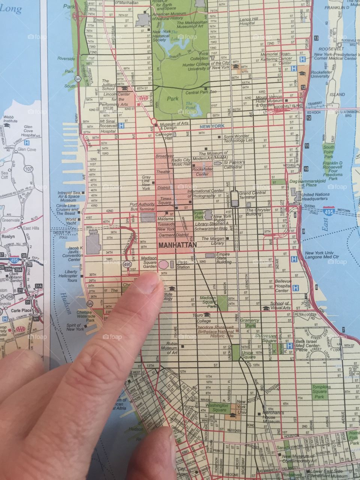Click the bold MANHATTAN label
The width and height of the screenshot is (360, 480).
[x=178, y=245]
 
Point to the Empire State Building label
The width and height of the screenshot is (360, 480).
[x=223, y=258]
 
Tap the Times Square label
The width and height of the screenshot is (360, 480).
[x=166, y=201]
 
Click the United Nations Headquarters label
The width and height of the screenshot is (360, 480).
[x=316, y=197]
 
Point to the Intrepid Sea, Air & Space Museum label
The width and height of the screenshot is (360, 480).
[x=68, y=196]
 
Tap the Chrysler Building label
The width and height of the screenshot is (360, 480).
[x=258, y=212]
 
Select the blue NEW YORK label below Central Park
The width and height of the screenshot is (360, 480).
[x=212, y=127]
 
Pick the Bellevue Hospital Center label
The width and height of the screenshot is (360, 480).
[x=282, y=286]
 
